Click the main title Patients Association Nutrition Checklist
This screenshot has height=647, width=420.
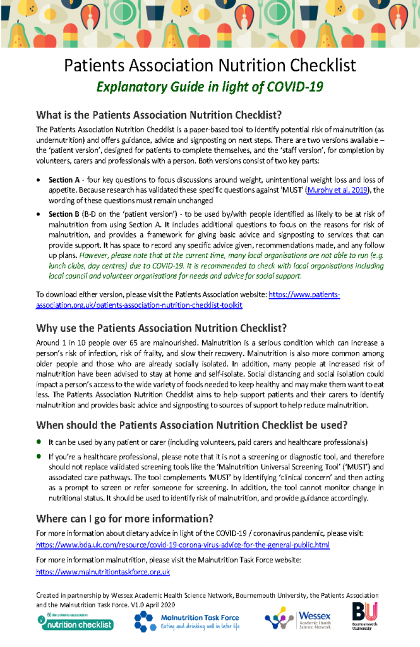click(210, 66)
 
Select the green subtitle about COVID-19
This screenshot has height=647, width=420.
click(210, 87)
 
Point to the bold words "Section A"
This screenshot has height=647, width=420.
click(64, 180)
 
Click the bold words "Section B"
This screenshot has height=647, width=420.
click(64, 214)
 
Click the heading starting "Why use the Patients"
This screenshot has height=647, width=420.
click(162, 328)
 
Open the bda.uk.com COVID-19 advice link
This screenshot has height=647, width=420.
click(183, 545)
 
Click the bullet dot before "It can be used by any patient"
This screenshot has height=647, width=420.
click(40, 441)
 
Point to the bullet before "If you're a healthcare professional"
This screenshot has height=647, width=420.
click(40, 455)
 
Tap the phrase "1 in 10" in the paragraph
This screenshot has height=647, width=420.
click(74, 342)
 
